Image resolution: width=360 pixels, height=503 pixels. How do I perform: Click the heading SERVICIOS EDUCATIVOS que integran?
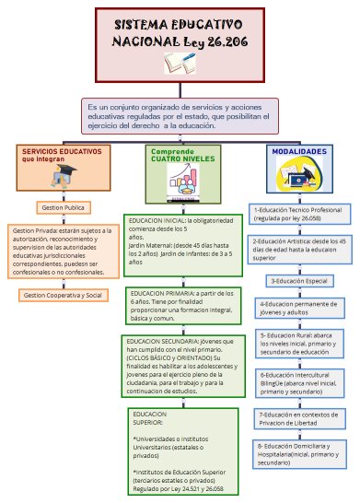point(63,155)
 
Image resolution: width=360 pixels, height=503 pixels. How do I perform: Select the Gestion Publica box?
point(61,208)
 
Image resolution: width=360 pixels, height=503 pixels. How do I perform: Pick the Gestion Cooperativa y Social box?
point(63,295)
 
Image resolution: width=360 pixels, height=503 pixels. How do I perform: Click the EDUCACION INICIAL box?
point(184,242)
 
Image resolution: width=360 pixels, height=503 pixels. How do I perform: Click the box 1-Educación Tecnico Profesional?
point(298,215)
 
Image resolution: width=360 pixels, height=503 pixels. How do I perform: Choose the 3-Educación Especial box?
point(299,280)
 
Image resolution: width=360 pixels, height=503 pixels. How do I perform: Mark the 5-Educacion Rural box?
point(300,343)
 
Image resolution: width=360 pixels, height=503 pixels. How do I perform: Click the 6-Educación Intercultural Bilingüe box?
point(300,382)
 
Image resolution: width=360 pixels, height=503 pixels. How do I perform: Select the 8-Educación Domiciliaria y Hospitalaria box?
point(300,454)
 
